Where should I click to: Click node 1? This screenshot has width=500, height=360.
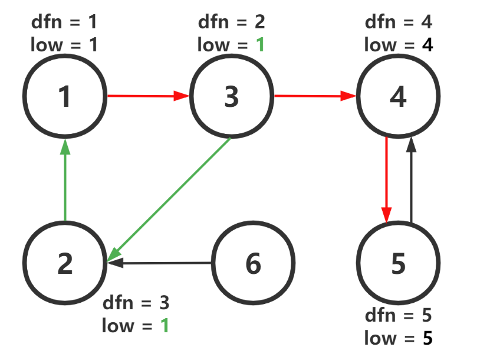click(65, 96)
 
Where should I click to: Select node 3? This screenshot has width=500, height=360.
click(232, 96)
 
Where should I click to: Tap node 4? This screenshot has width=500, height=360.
click(399, 96)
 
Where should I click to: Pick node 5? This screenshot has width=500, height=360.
click(399, 264)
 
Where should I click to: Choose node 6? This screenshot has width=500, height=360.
click(253, 264)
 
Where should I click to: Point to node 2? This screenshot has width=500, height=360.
click(65, 264)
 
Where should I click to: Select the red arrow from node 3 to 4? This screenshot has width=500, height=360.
click(315, 96)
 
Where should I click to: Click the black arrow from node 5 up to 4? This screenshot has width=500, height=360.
click(411, 180)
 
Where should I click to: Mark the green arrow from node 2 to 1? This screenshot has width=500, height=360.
click(65, 180)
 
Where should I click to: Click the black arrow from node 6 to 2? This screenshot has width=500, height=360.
click(159, 263)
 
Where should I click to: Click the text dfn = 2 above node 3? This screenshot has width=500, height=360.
click(232, 22)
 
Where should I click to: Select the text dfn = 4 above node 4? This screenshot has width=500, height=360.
click(399, 22)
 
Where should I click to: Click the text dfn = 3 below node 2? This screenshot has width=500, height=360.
click(136, 303)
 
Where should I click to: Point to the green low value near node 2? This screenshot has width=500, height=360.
click(165, 325)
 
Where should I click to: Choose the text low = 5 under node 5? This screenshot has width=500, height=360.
click(399, 338)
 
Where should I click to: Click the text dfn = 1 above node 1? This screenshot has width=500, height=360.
click(65, 22)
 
